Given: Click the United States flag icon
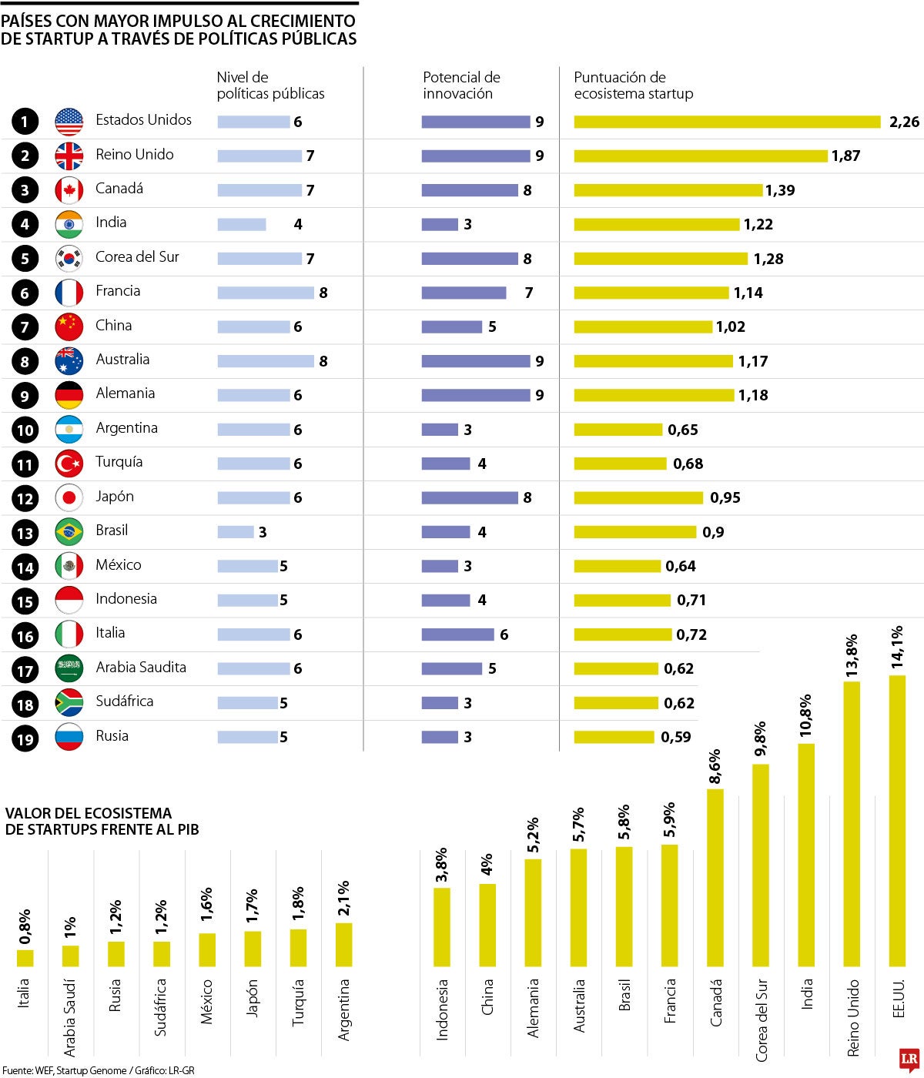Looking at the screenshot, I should point(69,122).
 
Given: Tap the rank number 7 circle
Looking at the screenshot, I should point(25,327).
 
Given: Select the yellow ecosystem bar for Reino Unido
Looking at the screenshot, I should point(700,156).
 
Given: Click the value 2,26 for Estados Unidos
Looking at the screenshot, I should point(903,122).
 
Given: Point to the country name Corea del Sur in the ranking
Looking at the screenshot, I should point(137,257).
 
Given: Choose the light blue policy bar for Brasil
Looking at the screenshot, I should point(236,532).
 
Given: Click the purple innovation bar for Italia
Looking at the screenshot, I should point(457,634).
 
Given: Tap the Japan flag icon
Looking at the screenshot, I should point(69,498).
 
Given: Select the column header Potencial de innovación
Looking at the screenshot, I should point(461,85).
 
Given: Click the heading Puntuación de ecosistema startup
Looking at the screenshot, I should point(633,85).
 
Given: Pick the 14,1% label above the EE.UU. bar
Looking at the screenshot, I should point(897,646).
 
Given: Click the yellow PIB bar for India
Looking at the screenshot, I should point(806,855).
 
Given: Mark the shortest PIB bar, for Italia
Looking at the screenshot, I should point(25,958).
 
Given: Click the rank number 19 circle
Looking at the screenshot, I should point(25,739).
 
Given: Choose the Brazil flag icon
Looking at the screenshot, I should point(69,532).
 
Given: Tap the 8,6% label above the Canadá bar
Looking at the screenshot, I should point(715,766).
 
